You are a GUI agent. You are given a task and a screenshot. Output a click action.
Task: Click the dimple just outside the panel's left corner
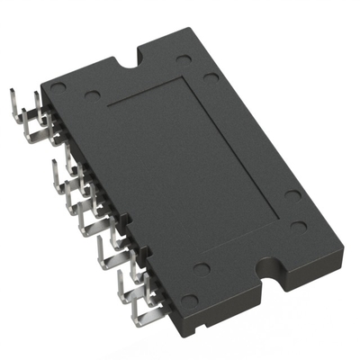pos(92,94)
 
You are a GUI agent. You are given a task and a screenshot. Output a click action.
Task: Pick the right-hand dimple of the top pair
pos(210,76)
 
